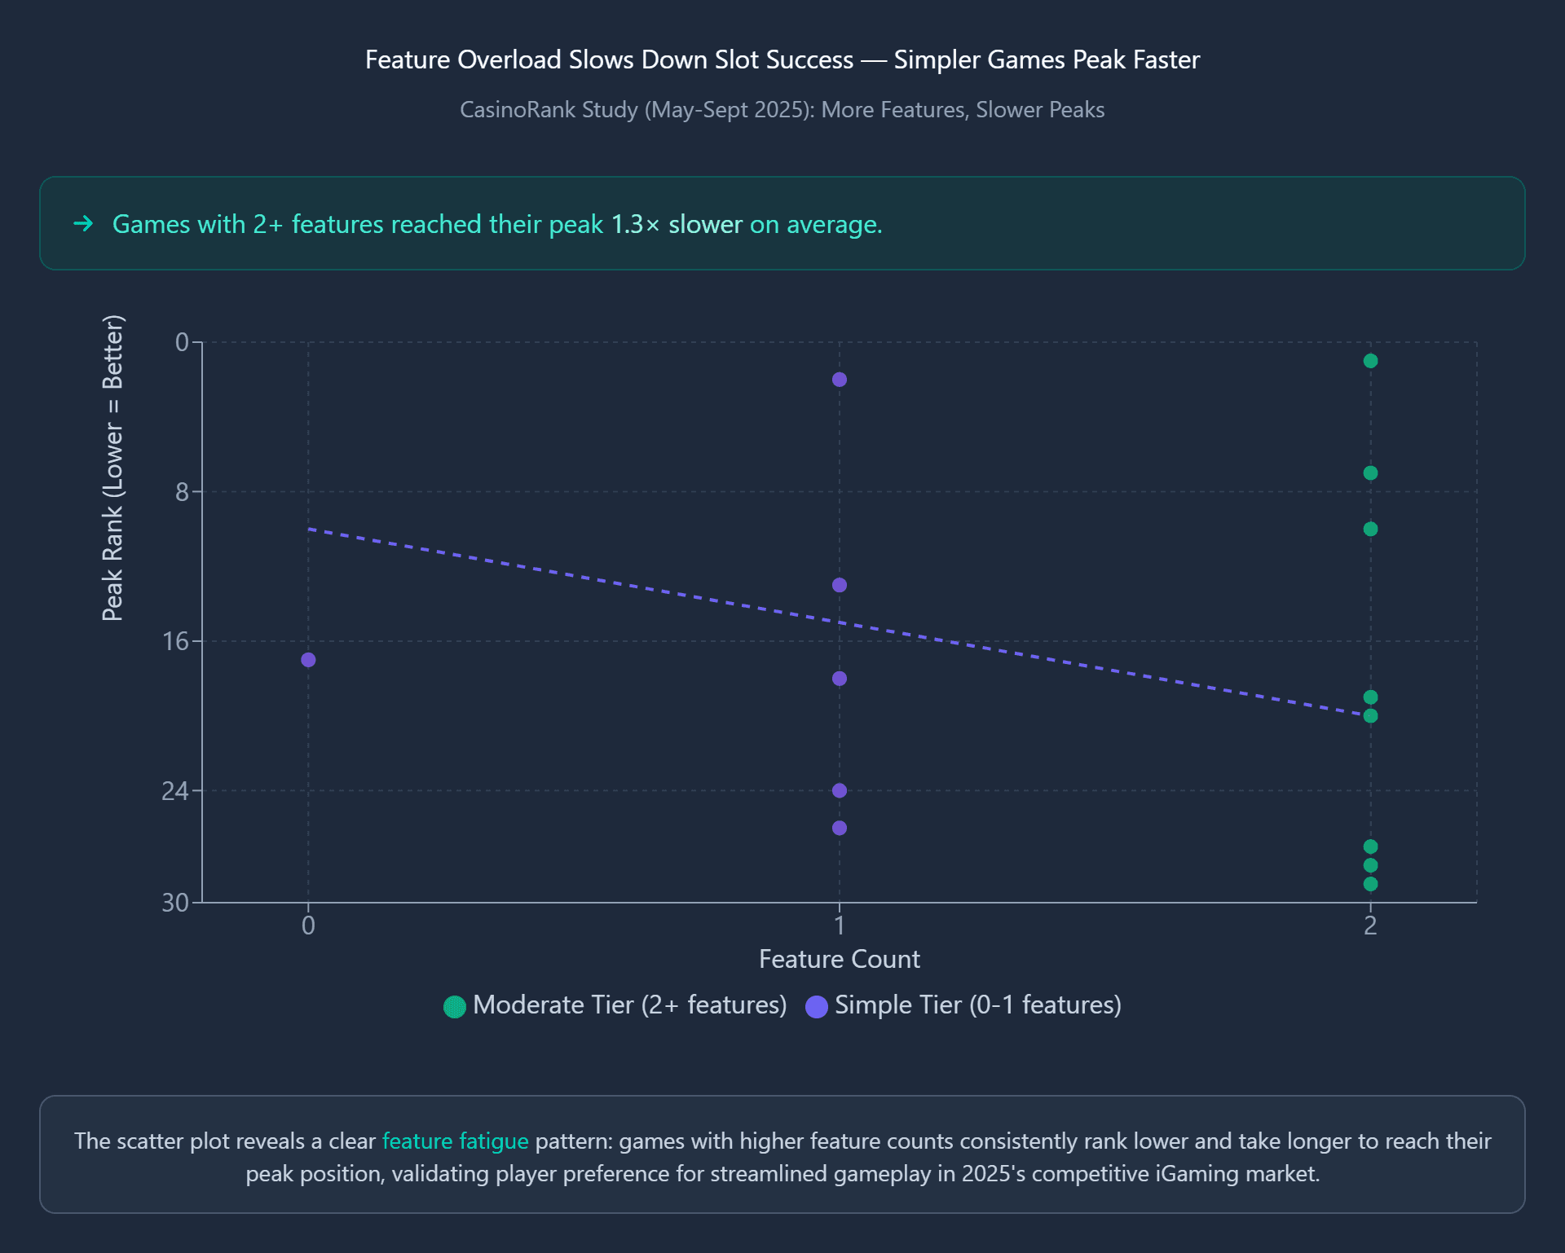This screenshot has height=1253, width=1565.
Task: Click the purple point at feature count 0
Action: [x=308, y=660]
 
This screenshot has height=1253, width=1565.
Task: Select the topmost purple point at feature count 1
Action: [x=840, y=380]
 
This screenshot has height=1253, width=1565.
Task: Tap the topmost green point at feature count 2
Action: [x=1370, y=361]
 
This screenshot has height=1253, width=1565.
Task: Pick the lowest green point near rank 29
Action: [x=1370, y=884]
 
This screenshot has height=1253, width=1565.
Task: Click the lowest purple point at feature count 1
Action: [x=840, y=828]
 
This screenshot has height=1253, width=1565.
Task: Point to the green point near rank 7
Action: [x=1370, y=473]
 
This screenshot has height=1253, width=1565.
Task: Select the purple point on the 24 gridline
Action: [x=840, y=790]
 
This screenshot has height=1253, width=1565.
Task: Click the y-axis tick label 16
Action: [x=175, y=642]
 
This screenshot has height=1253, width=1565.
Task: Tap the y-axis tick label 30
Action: [x=175, y=903]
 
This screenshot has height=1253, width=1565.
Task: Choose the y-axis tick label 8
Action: [x=182, y=492]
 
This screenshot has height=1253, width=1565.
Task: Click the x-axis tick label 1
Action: [x=840, y=925]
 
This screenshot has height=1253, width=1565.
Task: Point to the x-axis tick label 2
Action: [x=1370, y=925]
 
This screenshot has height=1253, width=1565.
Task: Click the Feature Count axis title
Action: [x=839, y=959]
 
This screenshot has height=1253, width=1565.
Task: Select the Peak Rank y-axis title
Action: [x=112, y=468]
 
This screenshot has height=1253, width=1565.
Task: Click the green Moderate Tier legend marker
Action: [x=455, y=1006]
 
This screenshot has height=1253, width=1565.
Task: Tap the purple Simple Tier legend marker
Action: [x=816, y=1006]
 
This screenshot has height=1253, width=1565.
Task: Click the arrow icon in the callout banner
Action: [x=84, y=223]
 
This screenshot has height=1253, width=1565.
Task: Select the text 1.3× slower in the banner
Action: [x=677, y=224]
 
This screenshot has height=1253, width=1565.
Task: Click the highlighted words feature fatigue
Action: [x=455, y=1141]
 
